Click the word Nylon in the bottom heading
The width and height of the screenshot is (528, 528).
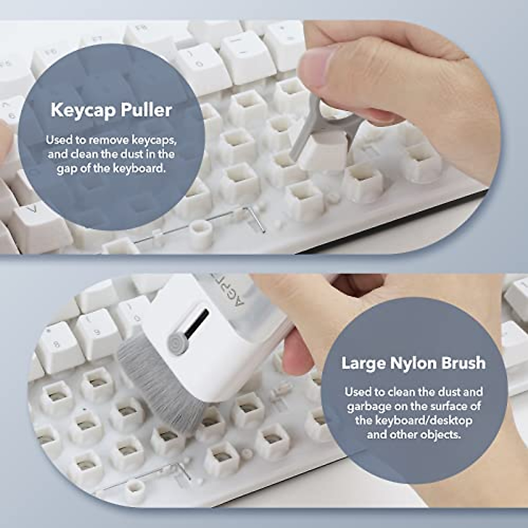tap(413, 363)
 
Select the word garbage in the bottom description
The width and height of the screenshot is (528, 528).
tap(368, 406)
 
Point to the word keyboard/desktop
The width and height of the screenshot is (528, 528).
tap(414, 421)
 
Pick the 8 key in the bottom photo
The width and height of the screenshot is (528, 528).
tap(57, 344)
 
